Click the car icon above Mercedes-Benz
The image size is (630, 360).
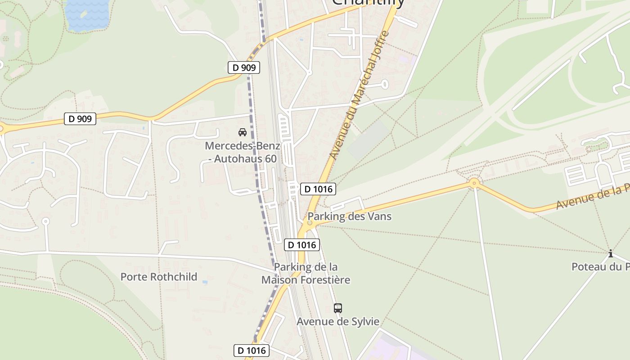click(243, 132)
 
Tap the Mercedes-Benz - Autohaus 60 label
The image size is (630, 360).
click(243, 152)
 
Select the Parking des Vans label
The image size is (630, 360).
click(349, 216)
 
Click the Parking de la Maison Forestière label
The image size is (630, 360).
click(306, 274)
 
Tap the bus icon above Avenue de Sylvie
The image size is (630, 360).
click(338, 308)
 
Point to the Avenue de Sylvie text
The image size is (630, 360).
click(338, 322)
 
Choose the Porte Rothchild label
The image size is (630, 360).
click(159, 277)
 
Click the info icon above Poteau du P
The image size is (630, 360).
click(611, 254)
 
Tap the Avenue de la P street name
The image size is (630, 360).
click(592, 198)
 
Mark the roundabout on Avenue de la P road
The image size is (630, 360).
click(474, 183)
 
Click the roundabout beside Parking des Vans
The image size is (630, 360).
click(310, 223)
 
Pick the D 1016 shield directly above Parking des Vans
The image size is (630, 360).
click(319, 189)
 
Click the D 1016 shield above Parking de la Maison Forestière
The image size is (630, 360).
click(302, 245)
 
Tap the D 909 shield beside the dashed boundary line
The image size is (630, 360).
click(244, 68)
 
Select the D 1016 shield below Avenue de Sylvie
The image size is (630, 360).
click(252, 351)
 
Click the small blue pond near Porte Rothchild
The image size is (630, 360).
click(205, 282)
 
